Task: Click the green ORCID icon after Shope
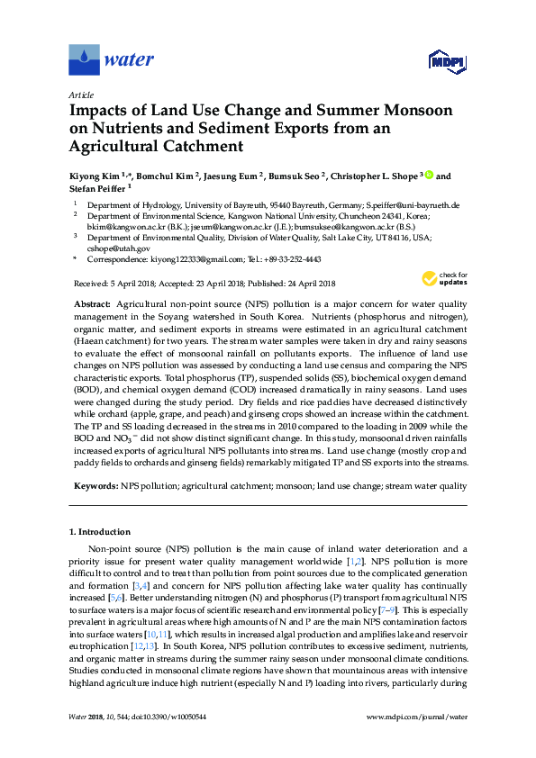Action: (429, 176)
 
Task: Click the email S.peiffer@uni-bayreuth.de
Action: (413, 205)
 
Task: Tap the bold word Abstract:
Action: (92, 306)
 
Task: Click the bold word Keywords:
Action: (95, 485)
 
